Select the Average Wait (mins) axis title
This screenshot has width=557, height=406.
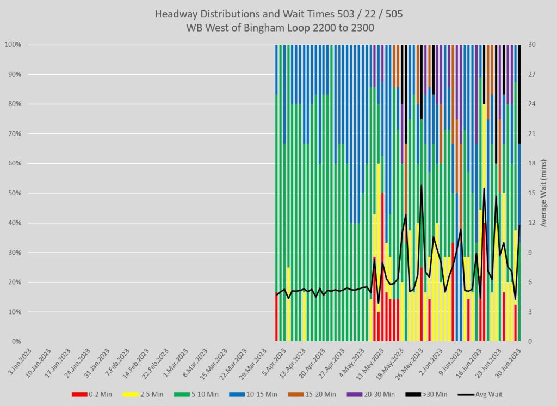point(544,193)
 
